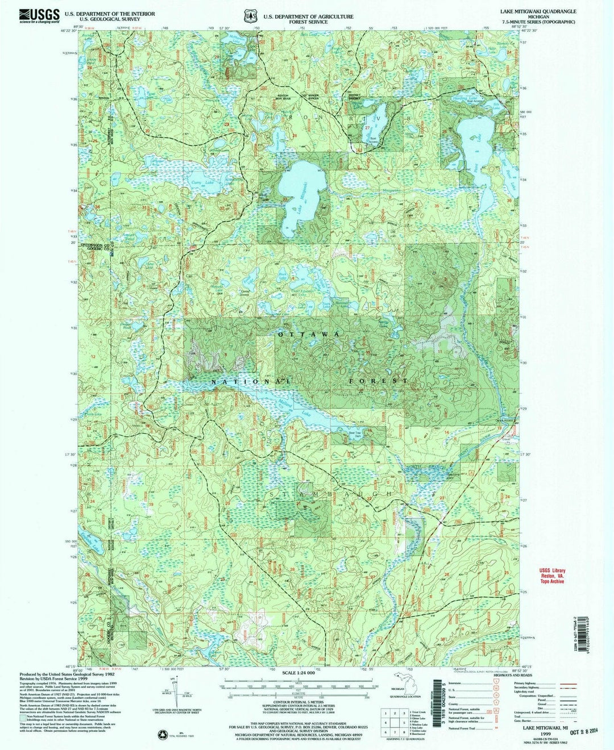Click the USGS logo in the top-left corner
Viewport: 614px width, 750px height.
[39, 15]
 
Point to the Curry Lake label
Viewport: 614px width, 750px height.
[197, 182]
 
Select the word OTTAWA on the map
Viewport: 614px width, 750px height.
[309, 335]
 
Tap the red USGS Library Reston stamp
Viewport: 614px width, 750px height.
[553, 577]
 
